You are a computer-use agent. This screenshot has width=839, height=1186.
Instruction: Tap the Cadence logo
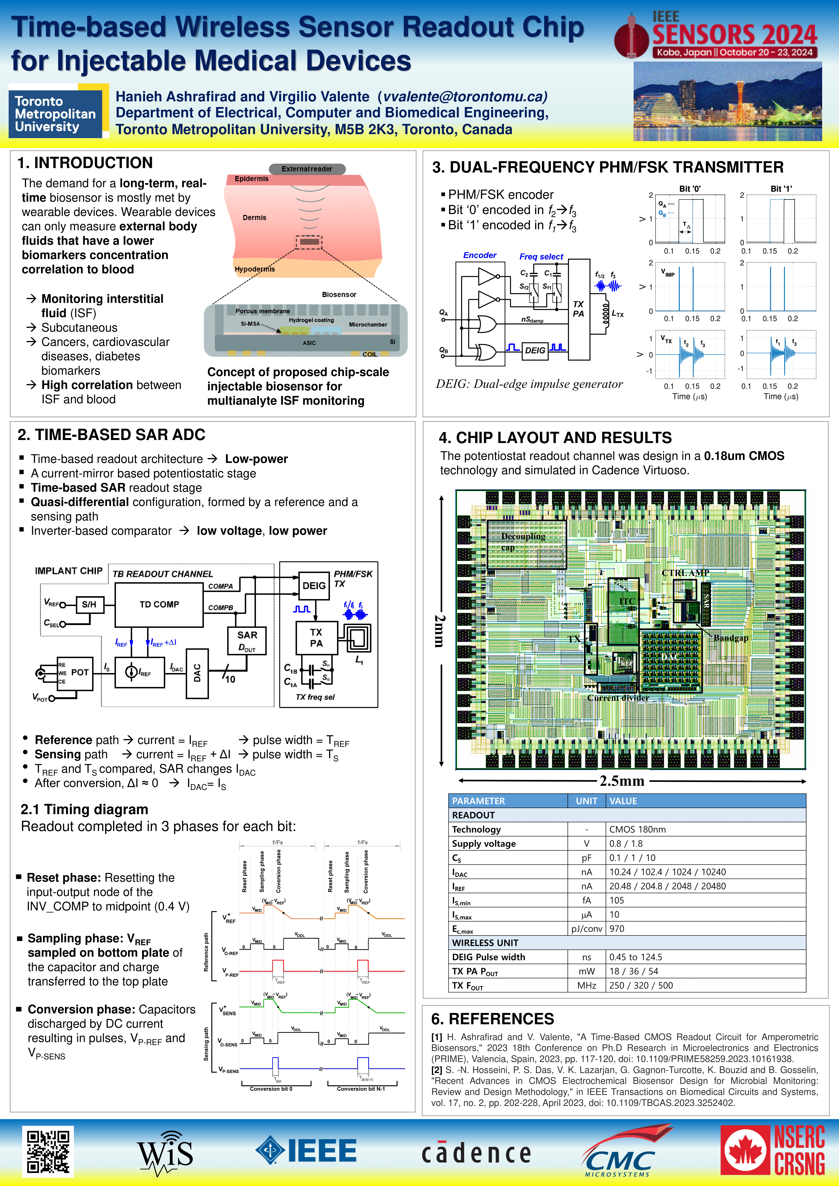coord(476,1153)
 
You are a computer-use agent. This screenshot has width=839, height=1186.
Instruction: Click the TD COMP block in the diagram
coord(159,604)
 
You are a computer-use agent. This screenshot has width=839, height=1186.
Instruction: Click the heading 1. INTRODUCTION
coord(85,163)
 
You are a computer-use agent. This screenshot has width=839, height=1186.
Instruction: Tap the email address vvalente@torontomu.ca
coord(463,97)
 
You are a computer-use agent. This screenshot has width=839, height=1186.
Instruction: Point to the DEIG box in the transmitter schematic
coord(535,350)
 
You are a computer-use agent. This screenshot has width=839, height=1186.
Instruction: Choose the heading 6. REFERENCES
coord(492,1019)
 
